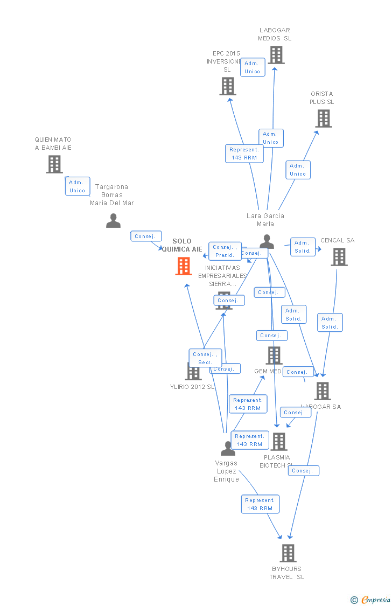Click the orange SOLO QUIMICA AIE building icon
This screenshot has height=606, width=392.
point(184,266)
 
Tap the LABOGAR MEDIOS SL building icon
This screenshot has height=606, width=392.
point(276,55)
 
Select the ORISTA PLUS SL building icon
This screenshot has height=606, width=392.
point(323,119)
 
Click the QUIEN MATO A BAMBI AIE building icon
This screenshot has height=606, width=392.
point(54,164)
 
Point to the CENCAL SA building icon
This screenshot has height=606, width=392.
point(339,257)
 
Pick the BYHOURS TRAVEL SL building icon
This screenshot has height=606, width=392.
point(288,553)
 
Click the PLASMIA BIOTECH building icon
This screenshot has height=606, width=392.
point(278,442)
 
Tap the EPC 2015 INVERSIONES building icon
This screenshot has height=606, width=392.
point(228,86)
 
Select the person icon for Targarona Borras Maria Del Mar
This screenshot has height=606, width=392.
point(113,220)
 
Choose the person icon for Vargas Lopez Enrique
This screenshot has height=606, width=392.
point(228,448)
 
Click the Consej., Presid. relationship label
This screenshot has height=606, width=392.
point(225,251)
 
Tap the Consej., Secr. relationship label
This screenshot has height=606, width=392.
point(205,358)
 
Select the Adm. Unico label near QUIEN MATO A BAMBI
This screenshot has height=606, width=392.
point(78,186)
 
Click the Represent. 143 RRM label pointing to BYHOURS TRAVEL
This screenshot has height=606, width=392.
point(260,504)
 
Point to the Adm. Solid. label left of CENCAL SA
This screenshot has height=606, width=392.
point(303,247)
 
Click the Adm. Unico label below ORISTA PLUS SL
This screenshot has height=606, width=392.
point(298,170)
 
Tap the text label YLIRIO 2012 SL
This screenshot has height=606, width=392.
point(192,387)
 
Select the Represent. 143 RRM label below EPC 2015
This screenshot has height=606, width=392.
point(244,154)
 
